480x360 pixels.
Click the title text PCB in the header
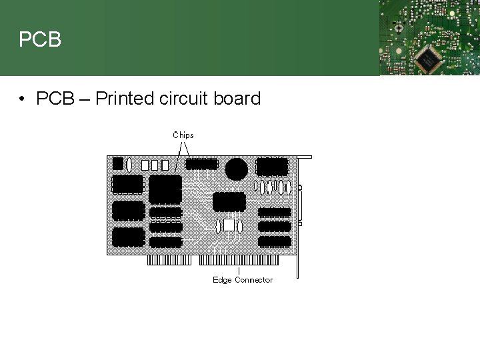coord(40,40)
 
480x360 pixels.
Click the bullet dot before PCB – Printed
coord(23,100)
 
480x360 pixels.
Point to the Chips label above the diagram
coord(183,135)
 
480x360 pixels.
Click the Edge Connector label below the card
coord(243,280)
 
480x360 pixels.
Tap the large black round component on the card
coord(236,169)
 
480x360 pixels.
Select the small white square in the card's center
coord(229,225)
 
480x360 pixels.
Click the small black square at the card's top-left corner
coord(118,163)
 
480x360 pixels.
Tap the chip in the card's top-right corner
coord(272,165)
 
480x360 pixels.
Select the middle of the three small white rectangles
coord(155,165)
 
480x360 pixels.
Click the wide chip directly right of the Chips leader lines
coord(202,164)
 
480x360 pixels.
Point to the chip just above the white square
coord(229,201)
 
